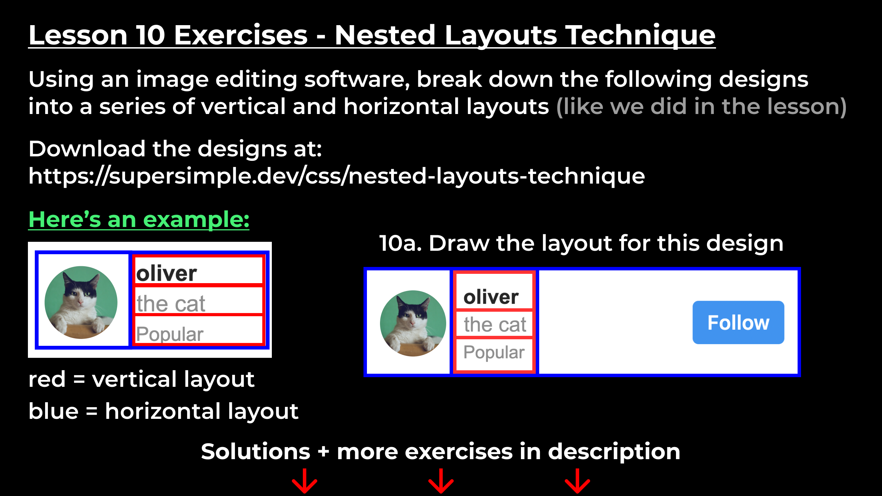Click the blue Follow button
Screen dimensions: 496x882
coord(738,322)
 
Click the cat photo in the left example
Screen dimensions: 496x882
coord(81,302)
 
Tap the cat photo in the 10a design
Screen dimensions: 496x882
coord(413,323)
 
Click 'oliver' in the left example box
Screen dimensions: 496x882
coord(166,273)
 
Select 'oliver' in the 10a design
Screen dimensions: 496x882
coord(491,297)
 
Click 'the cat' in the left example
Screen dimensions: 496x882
coord(171,304)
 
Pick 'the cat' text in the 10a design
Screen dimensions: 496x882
coord(495,324)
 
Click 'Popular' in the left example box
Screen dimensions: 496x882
coord(170,334)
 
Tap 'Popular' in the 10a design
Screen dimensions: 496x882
coord(494,352)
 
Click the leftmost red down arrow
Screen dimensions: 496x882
coord(305,482)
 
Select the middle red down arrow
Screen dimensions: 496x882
coord(441,482)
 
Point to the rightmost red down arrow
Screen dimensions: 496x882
coord(577,482)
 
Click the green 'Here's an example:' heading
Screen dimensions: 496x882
coord(139,220)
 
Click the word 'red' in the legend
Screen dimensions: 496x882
coord(47,380)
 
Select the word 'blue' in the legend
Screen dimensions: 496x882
coord(53,411)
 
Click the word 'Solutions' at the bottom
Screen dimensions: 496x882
coord(256,452)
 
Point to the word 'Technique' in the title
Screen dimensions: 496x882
coord(641,35)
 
